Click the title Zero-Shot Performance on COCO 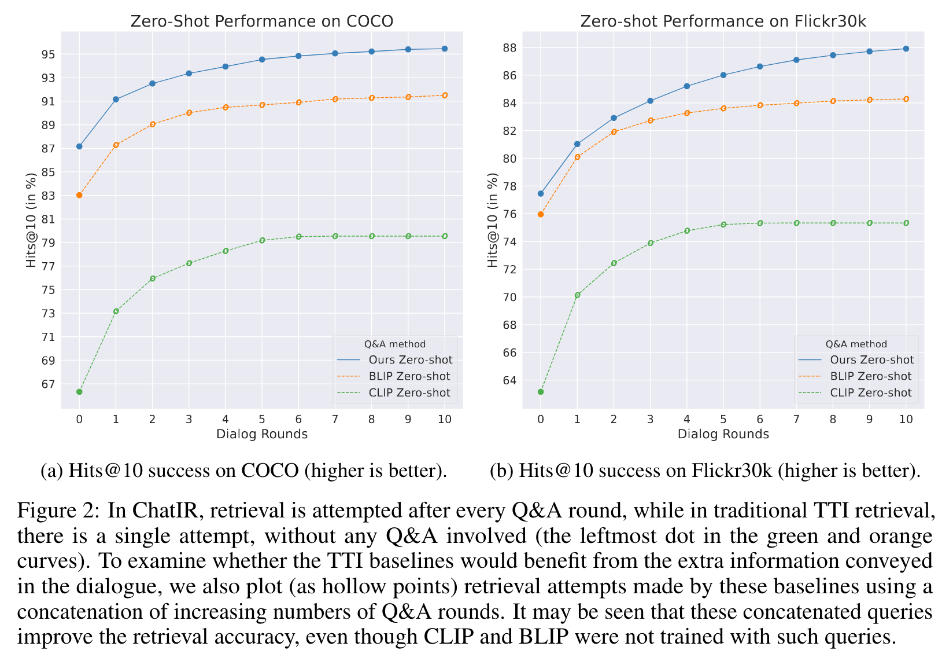point(261,21)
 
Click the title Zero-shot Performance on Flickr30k point(723,21)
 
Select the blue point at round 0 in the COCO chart point(79,146)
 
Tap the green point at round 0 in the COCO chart point(79,392)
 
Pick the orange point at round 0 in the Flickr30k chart point(541,214)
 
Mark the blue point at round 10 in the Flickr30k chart point(906,49)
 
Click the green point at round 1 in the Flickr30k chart point(577,295)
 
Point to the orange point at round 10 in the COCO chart point(445,95)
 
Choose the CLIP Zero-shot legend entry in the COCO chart point(409,392)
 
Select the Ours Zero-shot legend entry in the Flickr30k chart point(871,360)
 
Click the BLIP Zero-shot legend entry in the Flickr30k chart point(871,376)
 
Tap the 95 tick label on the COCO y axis point(48,54)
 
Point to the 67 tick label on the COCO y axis point(48,384)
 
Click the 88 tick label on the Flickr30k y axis point(509,47)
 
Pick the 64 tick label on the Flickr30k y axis point(509,380)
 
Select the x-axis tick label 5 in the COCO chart point(262,419)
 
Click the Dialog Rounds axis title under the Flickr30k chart point(723,434)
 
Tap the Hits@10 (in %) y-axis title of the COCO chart point(31,220)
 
